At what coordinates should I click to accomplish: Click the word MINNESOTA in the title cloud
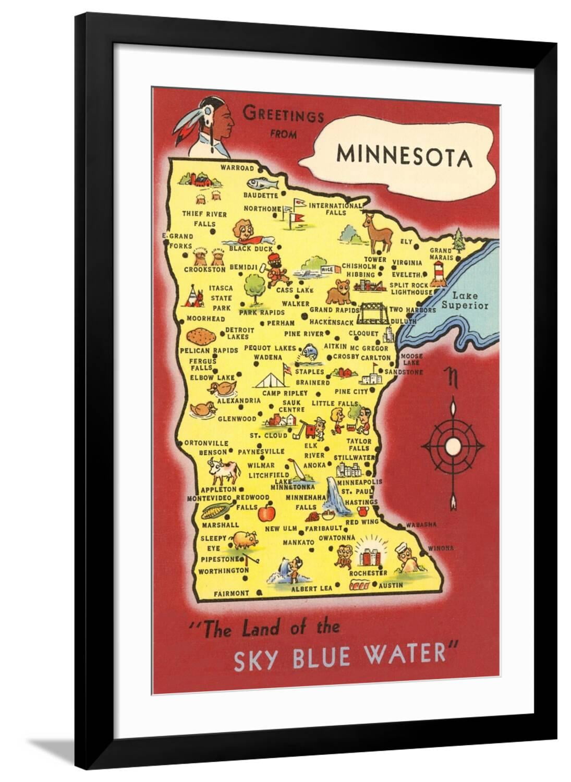point(405,156)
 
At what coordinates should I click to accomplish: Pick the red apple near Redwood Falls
point(267,512)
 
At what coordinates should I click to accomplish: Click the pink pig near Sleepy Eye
point(244,540)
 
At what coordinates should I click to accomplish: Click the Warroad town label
point(237,168)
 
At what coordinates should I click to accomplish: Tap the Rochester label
point(368,572)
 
